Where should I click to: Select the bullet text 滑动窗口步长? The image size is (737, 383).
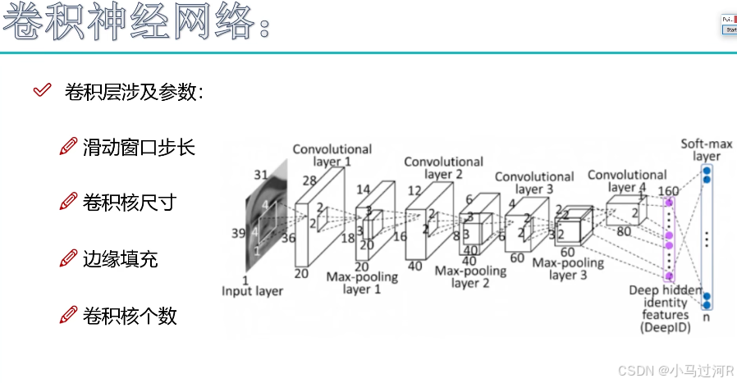pos(139,148)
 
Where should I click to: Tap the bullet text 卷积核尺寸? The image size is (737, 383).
pos(130,203)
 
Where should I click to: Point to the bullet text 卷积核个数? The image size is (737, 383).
pos(130,316)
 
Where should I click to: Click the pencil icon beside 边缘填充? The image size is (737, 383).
pos(69,259)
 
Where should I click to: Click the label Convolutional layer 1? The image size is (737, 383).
pos(332,155)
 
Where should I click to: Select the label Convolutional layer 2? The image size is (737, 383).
pos(443,167)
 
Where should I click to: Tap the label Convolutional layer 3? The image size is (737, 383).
pos(534,182)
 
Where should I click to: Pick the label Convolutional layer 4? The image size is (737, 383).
pos(627,180)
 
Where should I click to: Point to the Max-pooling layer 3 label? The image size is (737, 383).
pos(568,269)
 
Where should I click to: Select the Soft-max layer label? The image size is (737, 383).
pos(705,150)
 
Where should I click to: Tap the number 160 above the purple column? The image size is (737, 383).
pos(668,192)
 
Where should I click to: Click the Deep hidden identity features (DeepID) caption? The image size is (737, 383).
pos(666,308)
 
